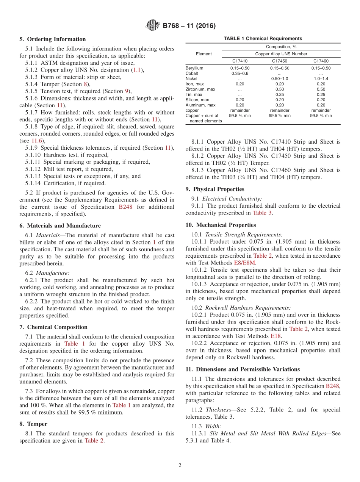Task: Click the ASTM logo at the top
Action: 153,26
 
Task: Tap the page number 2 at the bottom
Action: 180,465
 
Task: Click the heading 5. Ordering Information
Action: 53,39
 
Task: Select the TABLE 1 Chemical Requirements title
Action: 263,39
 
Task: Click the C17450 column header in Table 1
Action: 279,61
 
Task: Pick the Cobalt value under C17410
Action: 239,74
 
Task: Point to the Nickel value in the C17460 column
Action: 321,79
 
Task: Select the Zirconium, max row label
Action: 200,89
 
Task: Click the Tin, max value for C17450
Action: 279,95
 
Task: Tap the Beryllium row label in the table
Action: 194,68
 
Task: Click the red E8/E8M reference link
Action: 245,263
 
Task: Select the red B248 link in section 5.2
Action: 125,207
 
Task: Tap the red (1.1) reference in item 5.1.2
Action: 137,70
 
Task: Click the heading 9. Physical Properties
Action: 214,189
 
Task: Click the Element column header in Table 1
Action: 204,54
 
